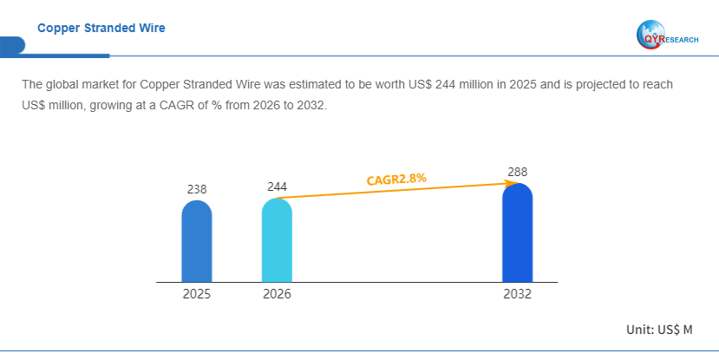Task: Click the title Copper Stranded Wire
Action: [x=101, y=28]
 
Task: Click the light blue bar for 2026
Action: [x=277, y=240]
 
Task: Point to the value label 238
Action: [x=197, y=188]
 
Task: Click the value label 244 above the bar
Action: [x=277, y=187]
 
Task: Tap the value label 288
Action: [x=517, y=172]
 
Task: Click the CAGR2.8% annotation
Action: [x=396, y=180]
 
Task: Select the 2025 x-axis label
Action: [x=197, y=294]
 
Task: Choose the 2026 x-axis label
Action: [x=277, y=294]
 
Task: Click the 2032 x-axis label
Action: [x=517, y=294]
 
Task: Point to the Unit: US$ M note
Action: [x=659, y=330]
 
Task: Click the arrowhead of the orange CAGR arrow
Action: [x=507, y=183]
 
